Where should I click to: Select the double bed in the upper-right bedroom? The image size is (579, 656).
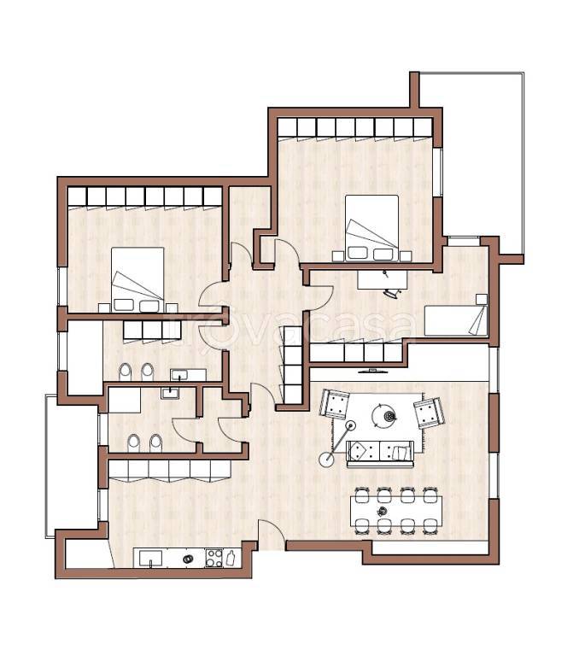pos(371,228)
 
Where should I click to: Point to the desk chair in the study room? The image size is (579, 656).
pos(394,292)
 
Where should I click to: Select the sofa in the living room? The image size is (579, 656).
pos(380,454)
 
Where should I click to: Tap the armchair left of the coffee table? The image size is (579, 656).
pos(334,404)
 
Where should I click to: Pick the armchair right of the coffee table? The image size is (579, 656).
pos(429,413)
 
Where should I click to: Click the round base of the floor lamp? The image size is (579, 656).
pos(326,460)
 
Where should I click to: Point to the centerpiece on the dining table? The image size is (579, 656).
pos(382,511)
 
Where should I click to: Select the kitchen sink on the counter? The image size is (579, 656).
pos(150,559)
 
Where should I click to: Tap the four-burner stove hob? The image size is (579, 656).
pos(213,558)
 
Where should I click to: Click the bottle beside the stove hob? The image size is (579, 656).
pos(230,558)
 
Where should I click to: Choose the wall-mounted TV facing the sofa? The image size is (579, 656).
pos(373,370)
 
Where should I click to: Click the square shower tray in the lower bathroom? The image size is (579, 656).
pos(124,400)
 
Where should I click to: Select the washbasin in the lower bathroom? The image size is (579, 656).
pos(170,393)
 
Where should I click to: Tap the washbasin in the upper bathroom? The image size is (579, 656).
pos(180,374)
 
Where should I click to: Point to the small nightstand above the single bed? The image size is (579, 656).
pos(482,299)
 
